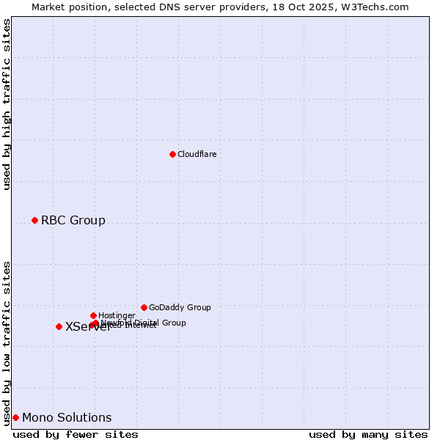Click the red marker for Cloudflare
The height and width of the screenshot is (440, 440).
click(172, 154)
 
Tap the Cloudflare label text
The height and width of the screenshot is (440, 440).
click(197, 154)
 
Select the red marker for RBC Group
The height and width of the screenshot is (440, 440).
click(34, 220)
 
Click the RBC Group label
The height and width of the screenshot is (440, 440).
click(73, 220)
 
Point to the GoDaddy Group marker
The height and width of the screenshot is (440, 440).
click(144, 307)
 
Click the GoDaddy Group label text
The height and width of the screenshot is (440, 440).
click(180, 307)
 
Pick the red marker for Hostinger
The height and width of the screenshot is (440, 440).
click(93, 315)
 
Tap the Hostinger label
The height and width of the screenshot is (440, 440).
click(117, 315)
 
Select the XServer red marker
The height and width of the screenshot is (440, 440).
click(59, 326)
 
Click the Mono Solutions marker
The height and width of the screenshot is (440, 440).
click(15, 417)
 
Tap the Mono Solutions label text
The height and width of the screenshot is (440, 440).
click(67, 417)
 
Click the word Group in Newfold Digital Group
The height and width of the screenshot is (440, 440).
click(173, 323)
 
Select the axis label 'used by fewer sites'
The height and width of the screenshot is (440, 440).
click(76, 434)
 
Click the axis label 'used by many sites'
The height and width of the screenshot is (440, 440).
click(368, 434)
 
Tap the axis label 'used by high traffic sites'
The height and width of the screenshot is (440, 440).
click(7, 105)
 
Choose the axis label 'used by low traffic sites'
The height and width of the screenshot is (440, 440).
click(7, 342)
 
